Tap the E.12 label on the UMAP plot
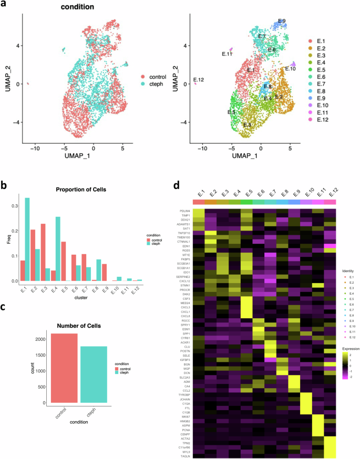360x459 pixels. [x=199, y=80]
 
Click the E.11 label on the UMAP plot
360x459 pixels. [x=227, y=54]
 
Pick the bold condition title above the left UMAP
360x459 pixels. [x=76, y=8]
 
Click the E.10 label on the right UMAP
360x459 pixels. [x=290, y=69]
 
